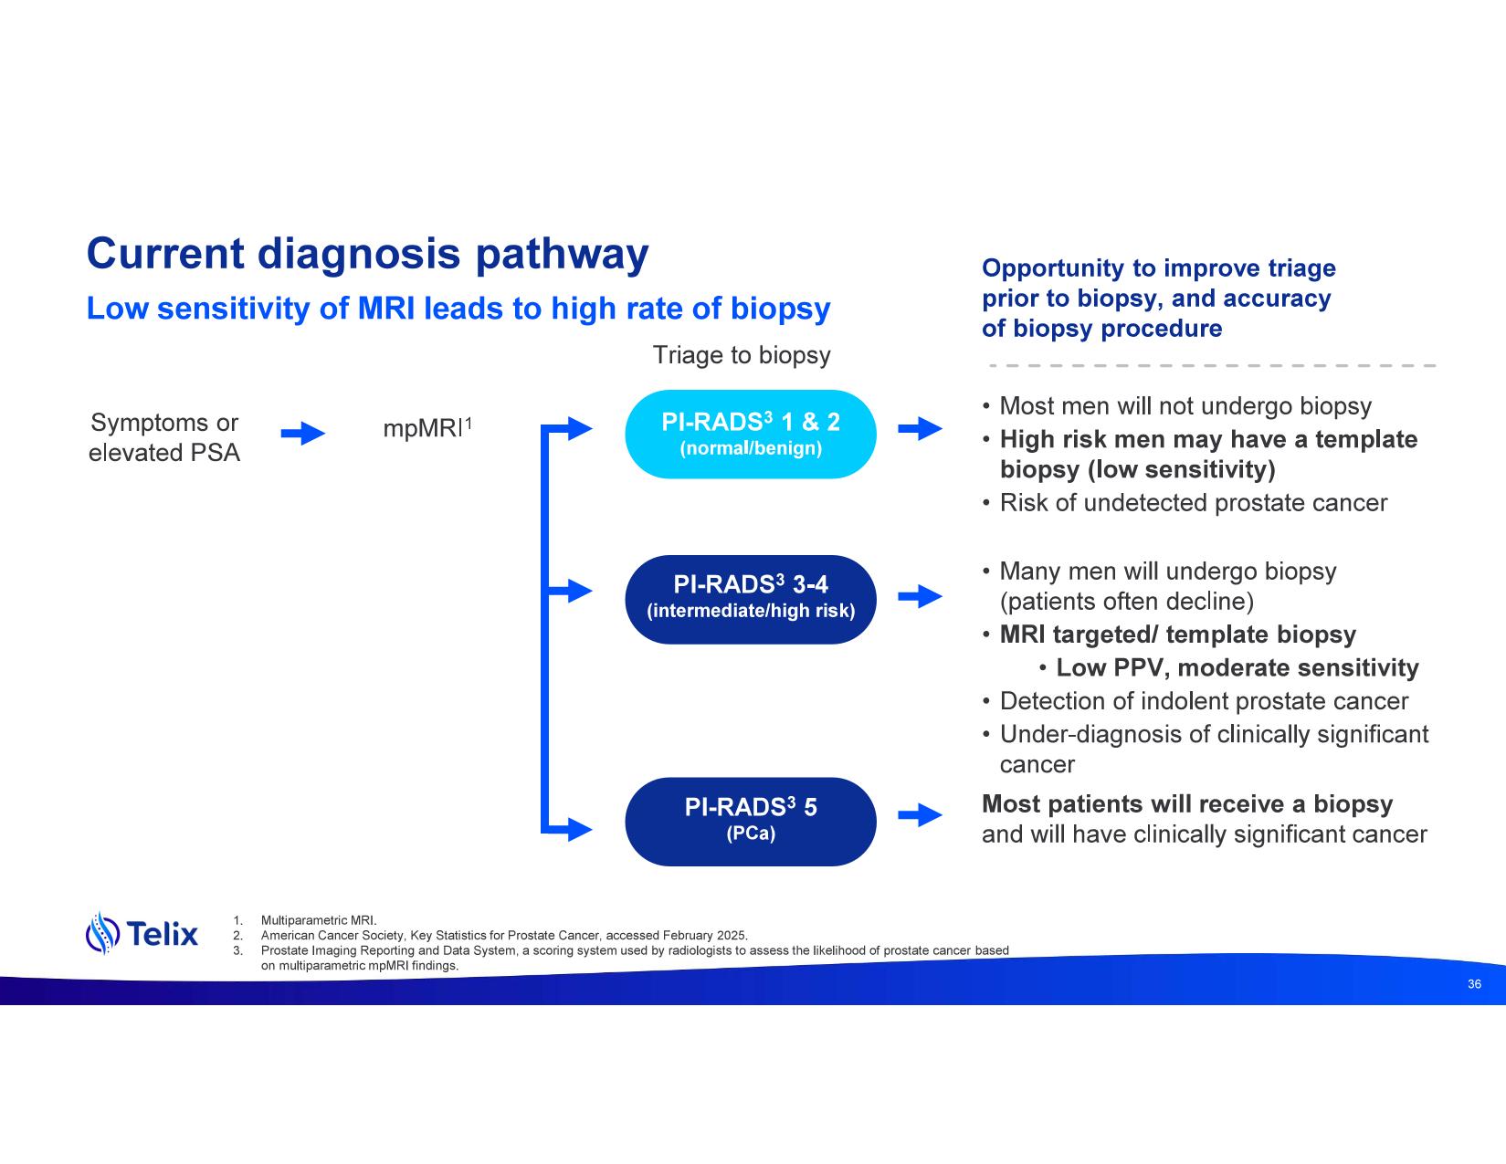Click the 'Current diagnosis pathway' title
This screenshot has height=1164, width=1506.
click(x=367, y=254)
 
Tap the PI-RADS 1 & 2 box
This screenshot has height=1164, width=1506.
click(x=750, y=435)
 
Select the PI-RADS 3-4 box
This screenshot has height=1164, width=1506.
click(x=750, y=599)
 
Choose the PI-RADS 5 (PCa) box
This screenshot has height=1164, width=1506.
click(x=750, y=821)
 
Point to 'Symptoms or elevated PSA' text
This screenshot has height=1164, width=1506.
click(x=164, y=437)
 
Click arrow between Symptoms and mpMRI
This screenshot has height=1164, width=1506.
click(x=302, y=434)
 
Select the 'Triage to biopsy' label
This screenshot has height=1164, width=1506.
click(x=741, y=355)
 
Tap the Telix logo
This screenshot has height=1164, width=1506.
click(x=142, y=933)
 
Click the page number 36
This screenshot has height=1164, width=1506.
click(x=1473, y=984)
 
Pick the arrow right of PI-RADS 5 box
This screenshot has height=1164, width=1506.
click(x=920, y=815)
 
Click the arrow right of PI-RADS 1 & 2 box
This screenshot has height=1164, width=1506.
click(x=920, y=428)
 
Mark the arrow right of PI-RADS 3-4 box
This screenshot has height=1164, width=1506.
click(x=920, y=597)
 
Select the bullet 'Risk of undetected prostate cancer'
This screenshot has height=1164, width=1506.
click(x=1193, y=503)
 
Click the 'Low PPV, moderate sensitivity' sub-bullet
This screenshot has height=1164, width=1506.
click(x=1237, y=668)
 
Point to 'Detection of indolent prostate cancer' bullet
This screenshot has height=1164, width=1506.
click(x=1204, y=701)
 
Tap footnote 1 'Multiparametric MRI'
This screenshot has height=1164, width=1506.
click(x=319, y=920)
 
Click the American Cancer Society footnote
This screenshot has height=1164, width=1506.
click(x=503, y=935)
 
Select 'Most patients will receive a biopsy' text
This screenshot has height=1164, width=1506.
click(x=1186, y=804)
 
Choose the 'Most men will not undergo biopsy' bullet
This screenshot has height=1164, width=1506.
click(x=1185, y=406)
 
